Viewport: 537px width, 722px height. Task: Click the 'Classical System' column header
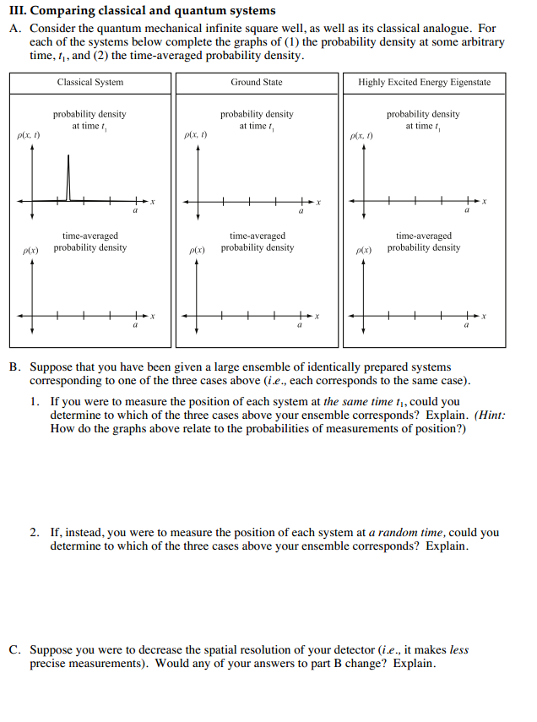[x=89, y=82]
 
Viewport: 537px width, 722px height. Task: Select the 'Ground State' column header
[x=257, y=82]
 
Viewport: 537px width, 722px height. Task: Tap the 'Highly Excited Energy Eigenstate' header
[x=424, y=82]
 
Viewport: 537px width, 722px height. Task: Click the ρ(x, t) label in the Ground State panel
[x=195, y=135]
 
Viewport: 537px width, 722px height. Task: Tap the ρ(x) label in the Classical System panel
[x=31, y=251]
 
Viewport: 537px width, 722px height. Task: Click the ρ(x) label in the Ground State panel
[x=198, y=251]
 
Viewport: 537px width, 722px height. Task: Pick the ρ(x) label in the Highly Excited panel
[x=364, y=251]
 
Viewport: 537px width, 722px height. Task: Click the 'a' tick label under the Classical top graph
[x=133, y=211]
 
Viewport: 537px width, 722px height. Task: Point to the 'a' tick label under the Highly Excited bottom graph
[x=465, y=326]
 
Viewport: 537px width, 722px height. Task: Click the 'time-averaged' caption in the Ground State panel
[x=258, y=236]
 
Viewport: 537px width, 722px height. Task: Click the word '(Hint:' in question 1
[x=491, y=415]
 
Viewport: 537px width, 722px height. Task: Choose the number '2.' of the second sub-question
[x=35, y=533]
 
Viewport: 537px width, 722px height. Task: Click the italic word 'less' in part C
[x=458, y=650]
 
